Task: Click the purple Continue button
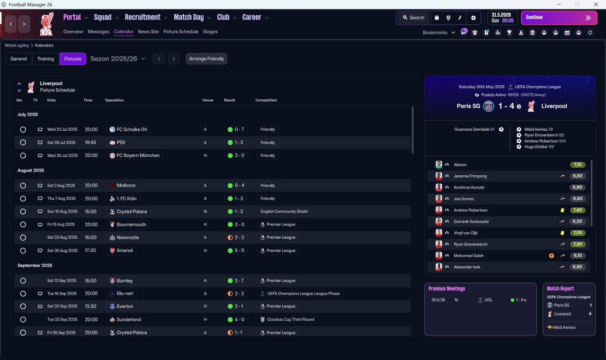click(x=559, y=18)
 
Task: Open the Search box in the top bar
click(x=413, y=18)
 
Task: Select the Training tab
click(x=45, y=59)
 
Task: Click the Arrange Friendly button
click(x=206, y=59)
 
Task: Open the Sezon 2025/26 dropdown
click(x=118, y=59)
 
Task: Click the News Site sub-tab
click(x=148, y=32)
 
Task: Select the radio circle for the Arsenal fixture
click(x=23, y=251)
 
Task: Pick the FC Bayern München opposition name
click(x=138, y=155)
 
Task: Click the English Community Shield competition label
click(x=284, y=211)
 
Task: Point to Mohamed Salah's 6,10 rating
click(x=577, y=255)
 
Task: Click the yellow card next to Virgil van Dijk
click(x=562, y=233)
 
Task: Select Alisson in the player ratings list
click(x=460, y=164)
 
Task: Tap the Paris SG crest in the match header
click(x=489, y=106)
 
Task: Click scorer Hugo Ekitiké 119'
click(x=539, y=147)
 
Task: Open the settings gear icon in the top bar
click(x=473, y=18)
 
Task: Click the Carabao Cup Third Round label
click(x=291, y=319)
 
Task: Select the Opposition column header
click(x=115, y=100)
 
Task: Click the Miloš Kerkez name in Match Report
click(x=564, y=327)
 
